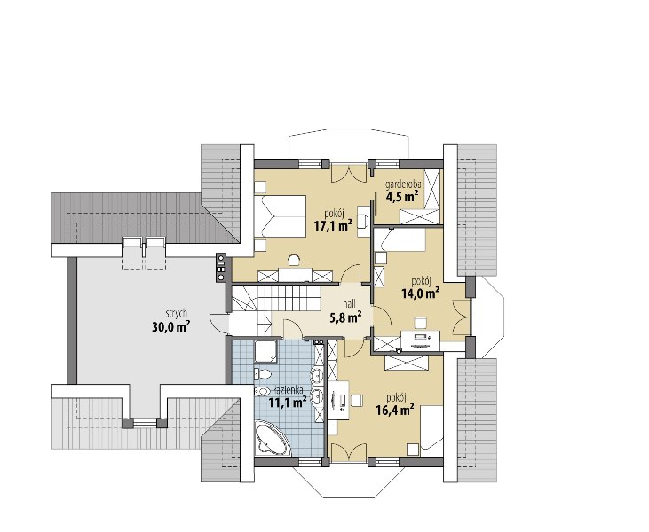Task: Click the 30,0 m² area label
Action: [x=171, y=327]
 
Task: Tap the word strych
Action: [x=177, y=314]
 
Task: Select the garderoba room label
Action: [x=403, y=184]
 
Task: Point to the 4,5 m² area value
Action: [x=402, y=196]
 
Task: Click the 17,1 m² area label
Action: [x=333, y=226]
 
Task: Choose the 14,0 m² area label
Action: [x=421, y=293]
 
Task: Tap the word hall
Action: [x=349, y=304]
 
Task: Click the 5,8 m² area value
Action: [x=346, y=317]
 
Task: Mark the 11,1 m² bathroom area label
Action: [x=288, y=402]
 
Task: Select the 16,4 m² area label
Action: [x=395, y=410]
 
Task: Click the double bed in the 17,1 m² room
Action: [x=281, y=216]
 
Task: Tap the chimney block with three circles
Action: [x=221, y=268]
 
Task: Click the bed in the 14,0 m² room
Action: [x=400, y=240]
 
